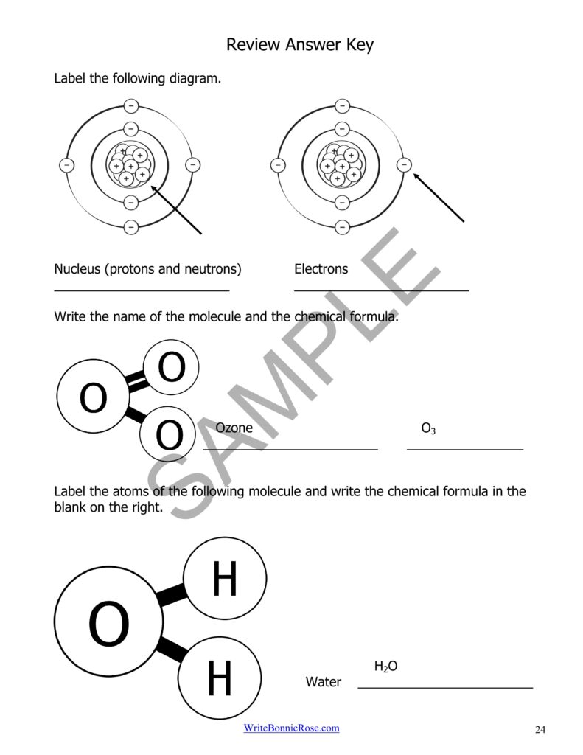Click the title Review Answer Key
coord(299,45)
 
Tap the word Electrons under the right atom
coord(321,269)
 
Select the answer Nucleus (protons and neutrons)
coord(147,269)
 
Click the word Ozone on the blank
coord(234,428)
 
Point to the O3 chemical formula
coord(428,428)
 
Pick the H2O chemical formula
coord(385,667)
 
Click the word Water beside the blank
coord(324,682)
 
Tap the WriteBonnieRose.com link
coord(291,728)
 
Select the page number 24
coord(540,730)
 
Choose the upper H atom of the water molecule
coord(224,579)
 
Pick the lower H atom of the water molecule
coord(219,678)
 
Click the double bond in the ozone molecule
coord(136,381)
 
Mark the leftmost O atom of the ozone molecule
coord(93,398)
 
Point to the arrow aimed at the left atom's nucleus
coord(177,210)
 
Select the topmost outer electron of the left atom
coord(130,105)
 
